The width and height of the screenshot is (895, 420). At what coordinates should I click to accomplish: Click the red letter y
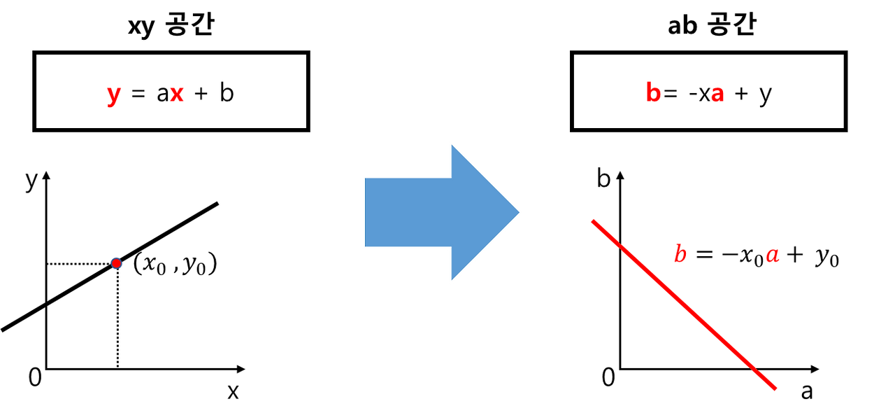[x=113, y=94]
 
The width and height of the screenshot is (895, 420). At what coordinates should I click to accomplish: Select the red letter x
[x=177, y=94]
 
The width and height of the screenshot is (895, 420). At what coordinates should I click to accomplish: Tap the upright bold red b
[x=653, y=93]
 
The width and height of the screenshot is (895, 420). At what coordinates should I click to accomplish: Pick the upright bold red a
[x=717, y=95]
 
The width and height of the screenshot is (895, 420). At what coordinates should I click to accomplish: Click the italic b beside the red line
[x=680, y=253]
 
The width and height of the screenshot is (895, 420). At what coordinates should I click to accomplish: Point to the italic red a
[x=772, y=256]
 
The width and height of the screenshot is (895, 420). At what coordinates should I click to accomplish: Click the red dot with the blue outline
[x=117, y=263]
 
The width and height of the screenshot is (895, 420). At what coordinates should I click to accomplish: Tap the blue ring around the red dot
[x=112, y=260]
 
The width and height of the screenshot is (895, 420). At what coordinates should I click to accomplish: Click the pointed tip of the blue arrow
[x=521, y=212]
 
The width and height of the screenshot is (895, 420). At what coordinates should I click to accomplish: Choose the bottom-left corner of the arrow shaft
[x=364, y=247]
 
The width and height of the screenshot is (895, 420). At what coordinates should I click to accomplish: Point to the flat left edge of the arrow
[x=363, y=212]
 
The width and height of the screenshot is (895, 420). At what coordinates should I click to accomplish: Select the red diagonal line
[x=684, y=305]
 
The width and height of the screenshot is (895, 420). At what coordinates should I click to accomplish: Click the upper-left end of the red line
[x=594, y=223]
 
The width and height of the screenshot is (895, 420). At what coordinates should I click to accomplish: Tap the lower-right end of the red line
[x=775, y=388]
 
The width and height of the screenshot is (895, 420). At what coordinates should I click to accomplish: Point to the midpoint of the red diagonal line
[x=684, y=305]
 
